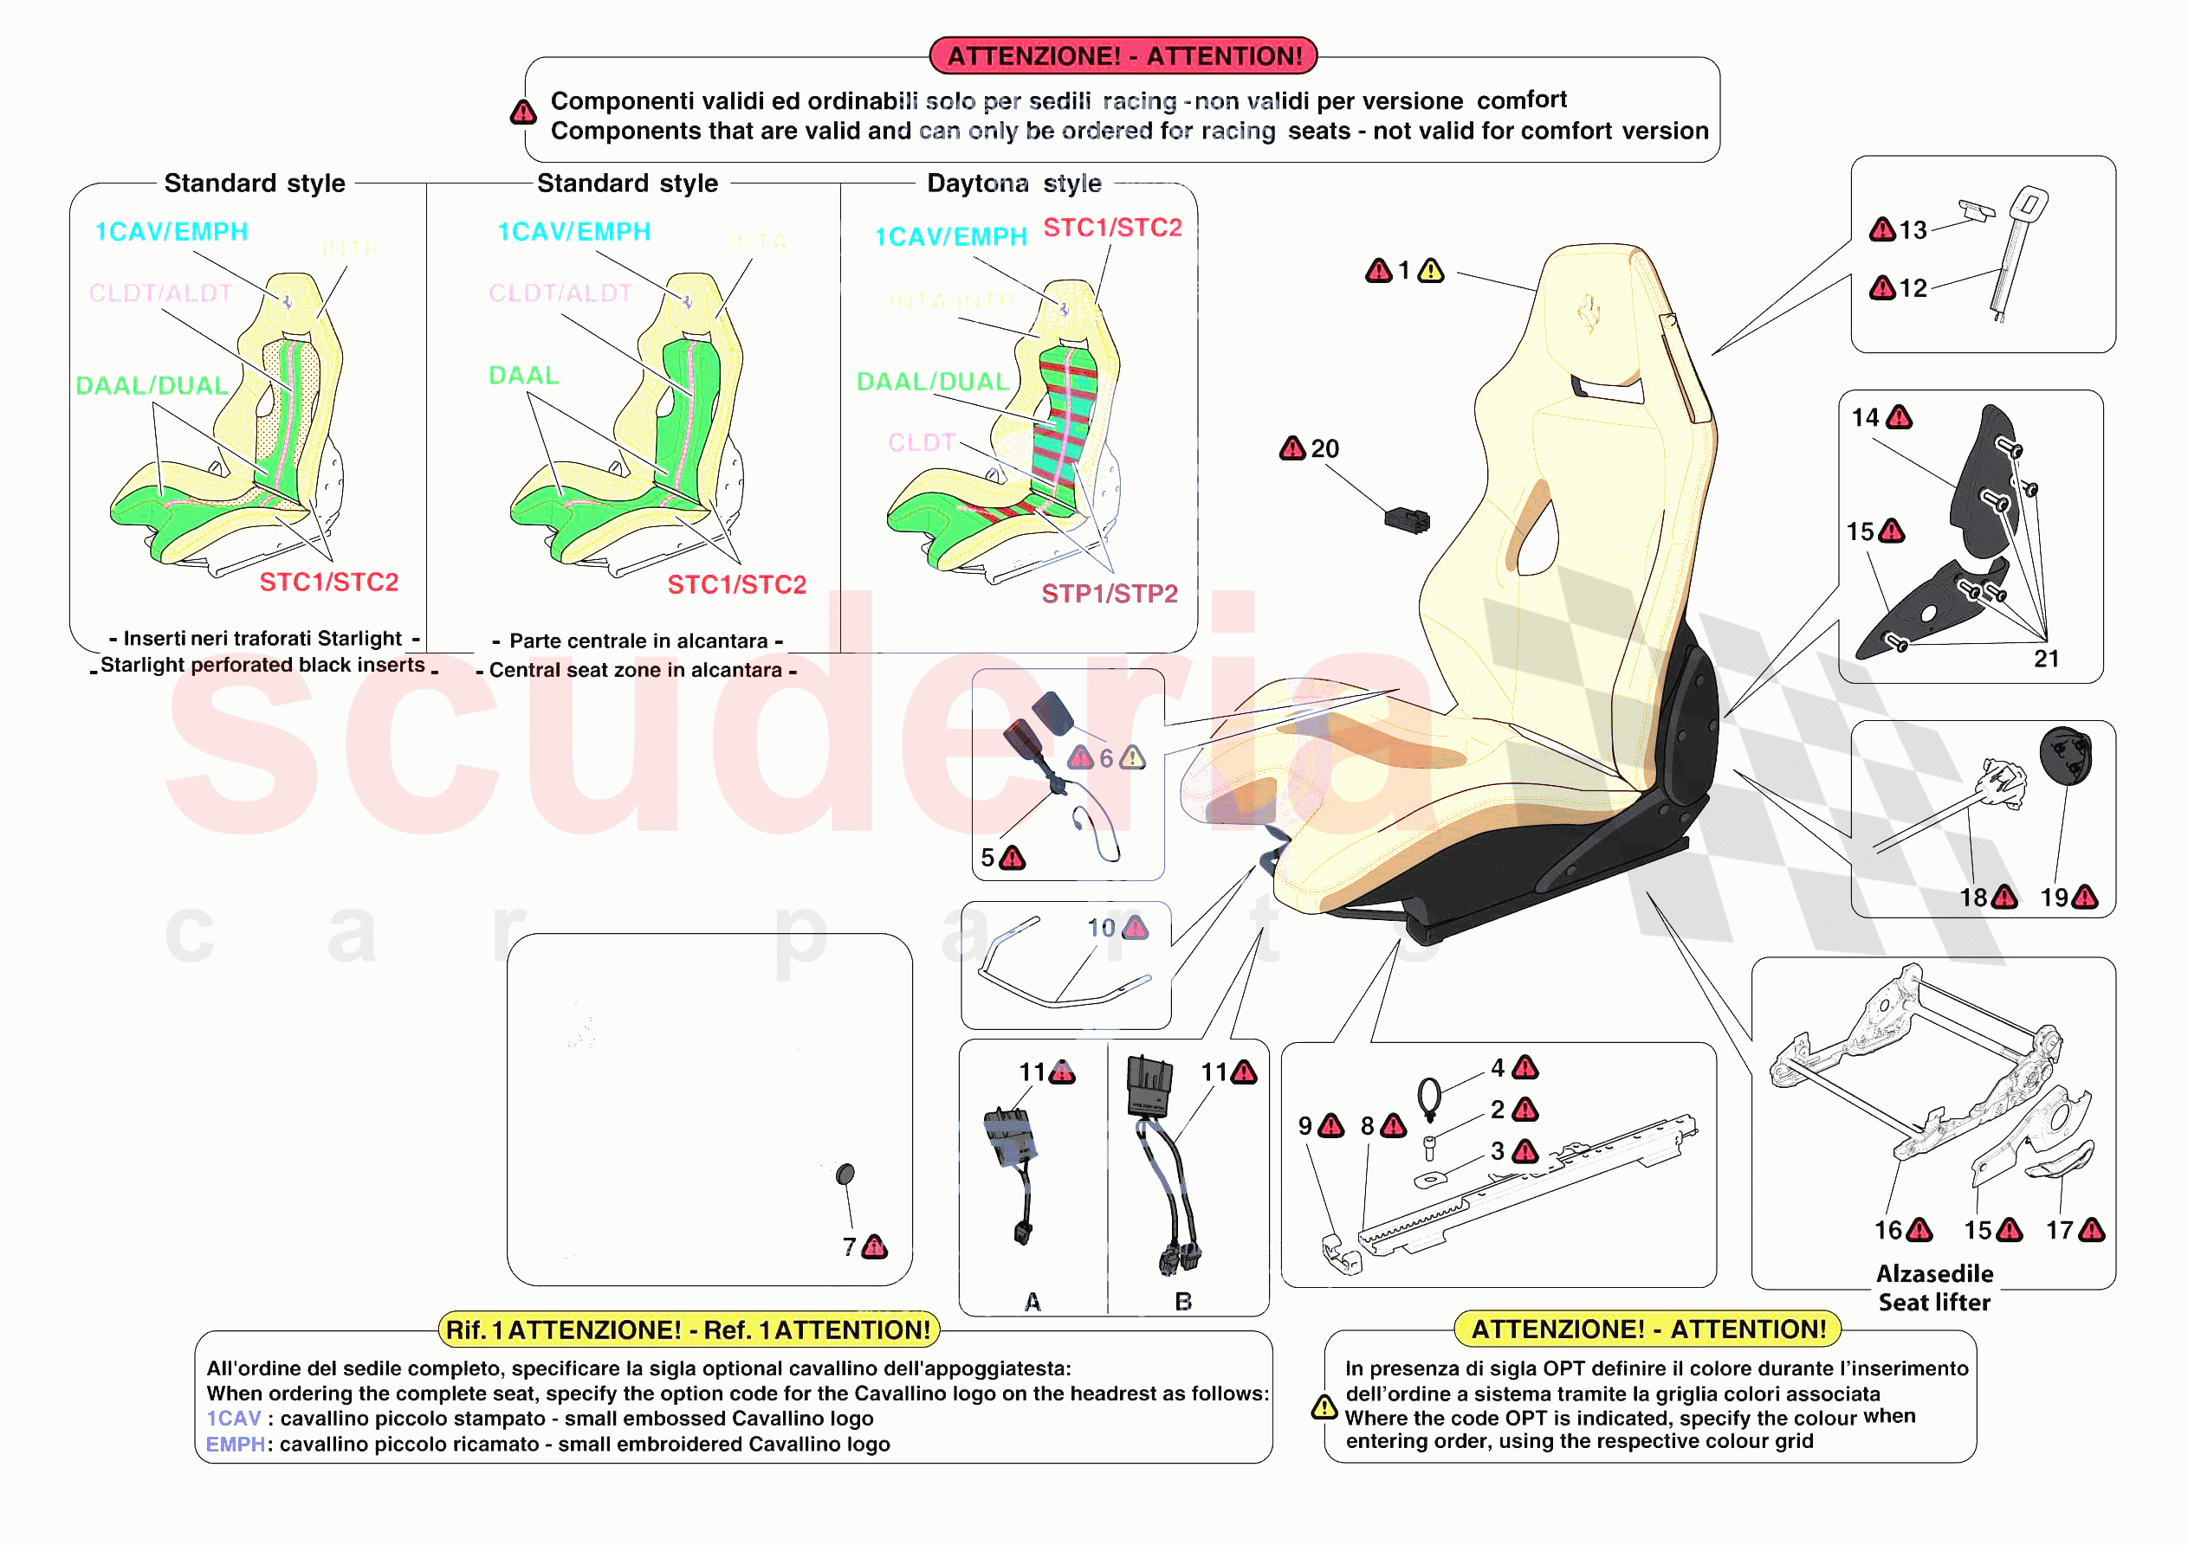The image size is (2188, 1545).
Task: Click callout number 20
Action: pyautogui.click(x=1324, y=448)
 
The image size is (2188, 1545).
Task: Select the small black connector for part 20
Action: pyautogui.click(x=1407, y=520)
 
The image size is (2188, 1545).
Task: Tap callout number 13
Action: pyautogui.click(x=1912, y=230)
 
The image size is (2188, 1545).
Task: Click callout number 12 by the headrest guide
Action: pyautogui.click(x=1912, y=288)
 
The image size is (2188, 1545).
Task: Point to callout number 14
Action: pyautogui.click(x=1865, y=417)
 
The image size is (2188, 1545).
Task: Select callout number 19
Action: pyautogui.click(x=2054, y=898)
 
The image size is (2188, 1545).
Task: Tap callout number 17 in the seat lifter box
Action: pyautogui.click(x=2059, y=1231)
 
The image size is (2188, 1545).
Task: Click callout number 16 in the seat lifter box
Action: pyautogui.click(x=1887, y=1231)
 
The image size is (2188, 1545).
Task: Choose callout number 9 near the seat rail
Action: pyautogui.click(x=1304, y=1126)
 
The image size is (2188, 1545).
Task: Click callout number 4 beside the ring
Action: pyautogui.click(x=1498, y=1068)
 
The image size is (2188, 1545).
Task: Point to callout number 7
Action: pyautogui.click(x=849, y=1247)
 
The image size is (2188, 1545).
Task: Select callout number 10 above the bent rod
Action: pyautogui.click(x=1101, y=928)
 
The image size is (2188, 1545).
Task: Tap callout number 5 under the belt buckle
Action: pyautogui.click(x=987, y=859)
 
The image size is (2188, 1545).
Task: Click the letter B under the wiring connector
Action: pyautogui.click(x=1182, y=1302)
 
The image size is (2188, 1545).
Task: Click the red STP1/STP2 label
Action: pyautogui.click(x=1110, y=595)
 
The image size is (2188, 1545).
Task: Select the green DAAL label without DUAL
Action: pyautogui.click(x=523, y=376)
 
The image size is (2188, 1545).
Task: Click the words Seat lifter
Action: pyautogui.click(x=1933, y=1302)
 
